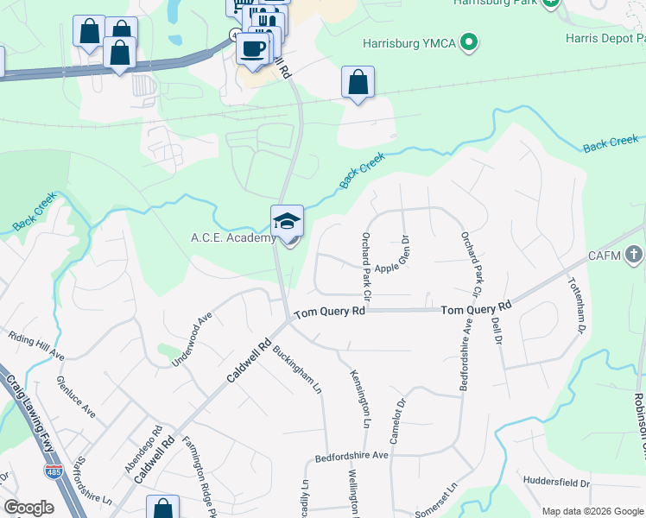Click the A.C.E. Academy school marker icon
[287, 221]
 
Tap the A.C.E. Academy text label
[233, 238]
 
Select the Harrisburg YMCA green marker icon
[469, 41]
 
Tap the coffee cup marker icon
[253, 48]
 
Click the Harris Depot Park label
[605, 38]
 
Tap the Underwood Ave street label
[192, 340]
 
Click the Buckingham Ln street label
[297, 369]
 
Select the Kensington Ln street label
[360, 399]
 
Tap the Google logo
[28, 508]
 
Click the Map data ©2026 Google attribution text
[592, 511]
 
